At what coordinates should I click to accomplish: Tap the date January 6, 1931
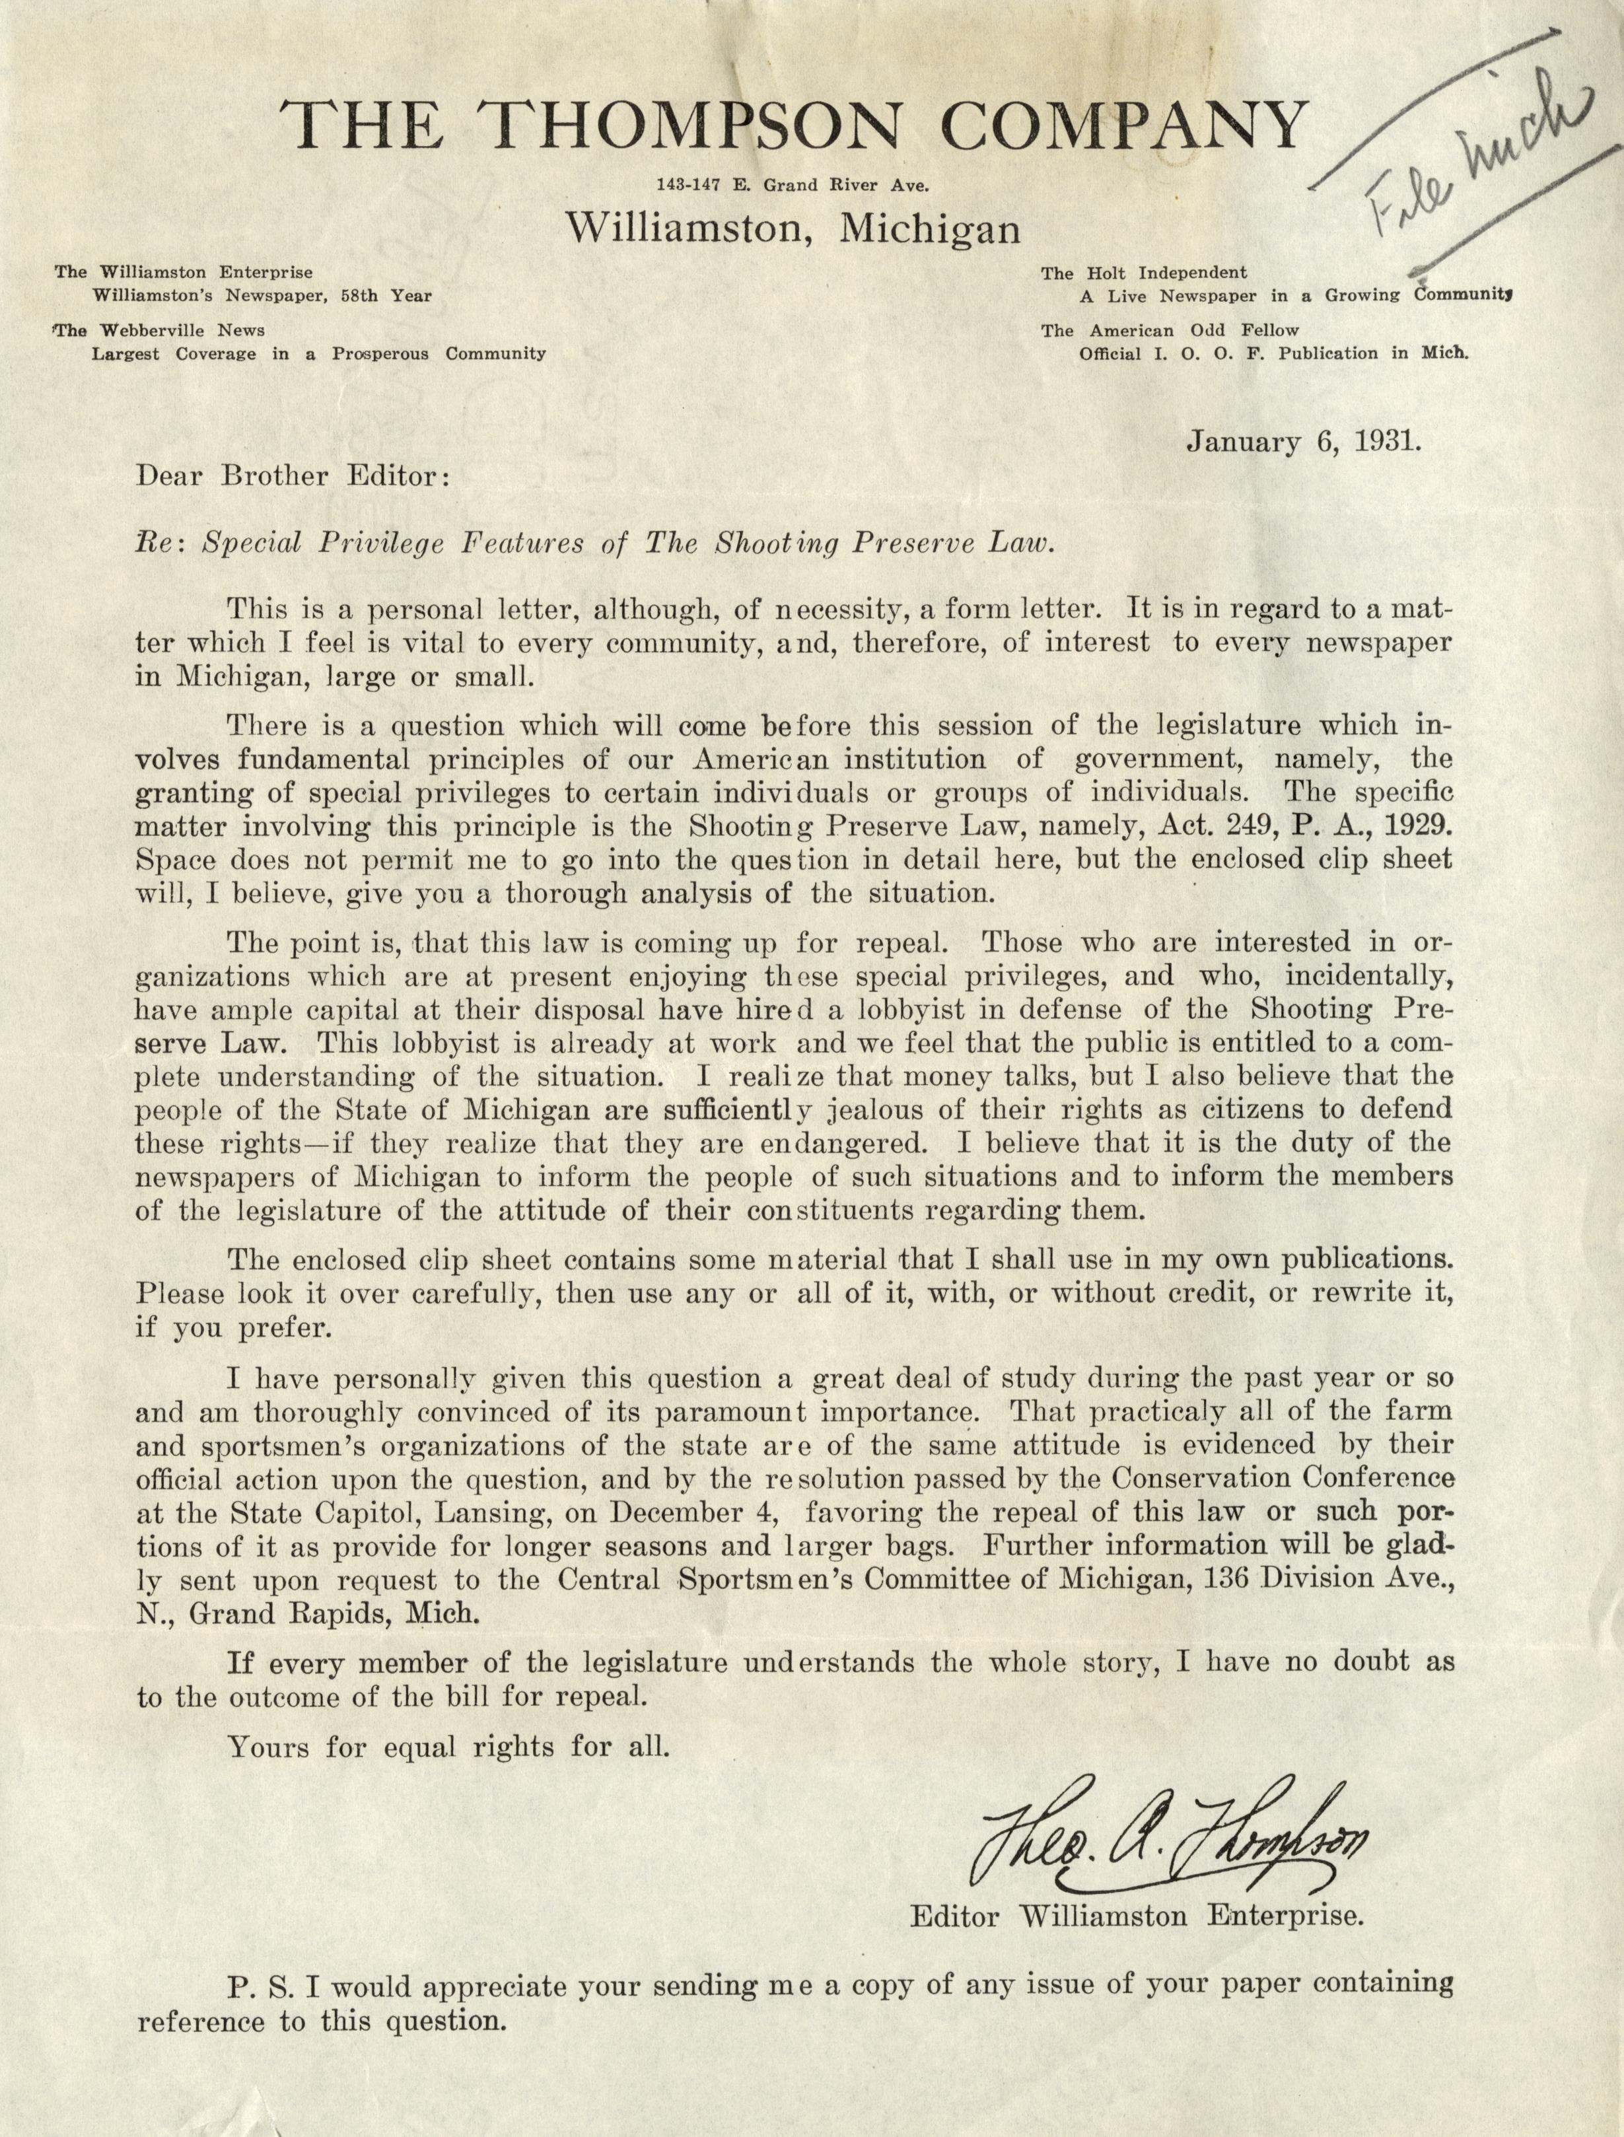click(x=1303, y=444)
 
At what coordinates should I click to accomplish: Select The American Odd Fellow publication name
click(x=1170, y=331)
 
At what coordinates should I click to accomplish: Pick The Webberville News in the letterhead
click(x=160, y=331)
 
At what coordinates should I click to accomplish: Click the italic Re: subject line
click(x=592, y=543)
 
